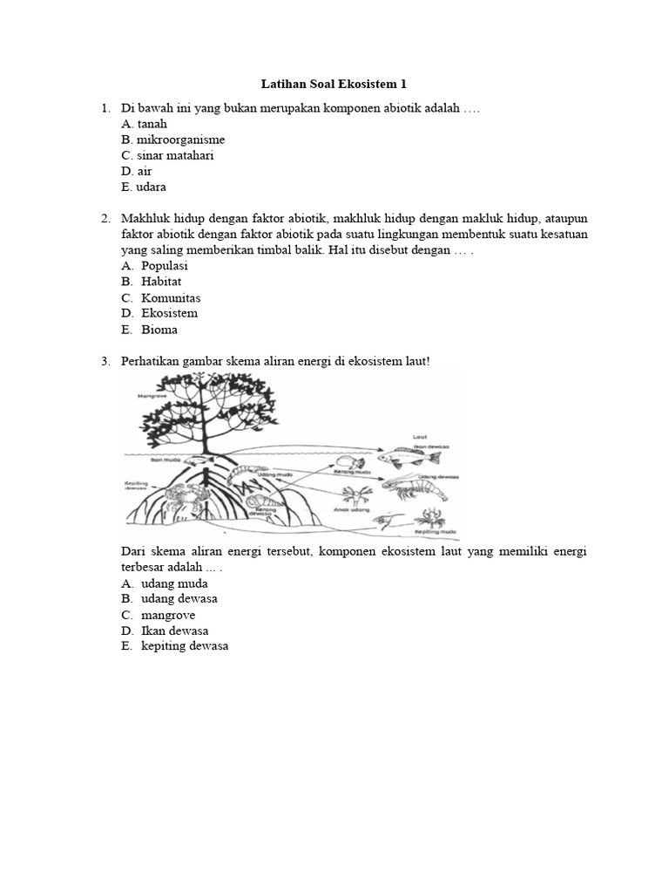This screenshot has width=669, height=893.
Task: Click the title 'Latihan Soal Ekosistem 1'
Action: [x=334, y=85]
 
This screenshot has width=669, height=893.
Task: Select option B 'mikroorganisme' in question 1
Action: [x=172, y=140]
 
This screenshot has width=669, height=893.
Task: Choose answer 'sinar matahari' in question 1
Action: [x=168, y=155]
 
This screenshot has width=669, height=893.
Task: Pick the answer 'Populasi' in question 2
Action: [x=164, y=265]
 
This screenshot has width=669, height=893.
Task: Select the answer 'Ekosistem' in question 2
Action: [x=169, y=313]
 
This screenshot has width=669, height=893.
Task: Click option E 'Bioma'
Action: [x=159, y=330]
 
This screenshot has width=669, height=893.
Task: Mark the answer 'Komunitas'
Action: [x=171, y=297]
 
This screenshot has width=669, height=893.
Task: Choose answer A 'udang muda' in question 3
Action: [x=174, y=583]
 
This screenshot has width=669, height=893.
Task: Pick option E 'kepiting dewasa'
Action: [x=185, y=646]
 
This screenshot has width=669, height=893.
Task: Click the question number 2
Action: [x=105, y=217]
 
